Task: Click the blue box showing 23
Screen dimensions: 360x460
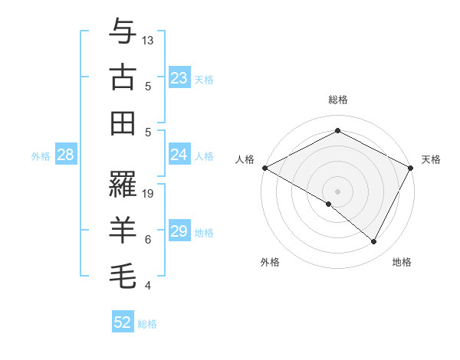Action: click(x=179, y=78)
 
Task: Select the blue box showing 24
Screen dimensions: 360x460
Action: click(x=179, y=155)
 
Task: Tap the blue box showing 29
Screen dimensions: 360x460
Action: click(x=179, y=231)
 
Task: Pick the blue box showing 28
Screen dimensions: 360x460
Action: click(x=66, y=155)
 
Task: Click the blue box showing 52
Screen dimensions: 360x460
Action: click(x=123, y=322)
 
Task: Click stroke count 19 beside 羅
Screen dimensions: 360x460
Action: click(x=148, y=194)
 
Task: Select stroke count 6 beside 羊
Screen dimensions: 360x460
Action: click(x=148, y=240)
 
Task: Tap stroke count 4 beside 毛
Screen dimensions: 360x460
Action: click(x=148, y=286)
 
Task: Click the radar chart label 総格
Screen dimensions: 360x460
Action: click(x=337, y=100)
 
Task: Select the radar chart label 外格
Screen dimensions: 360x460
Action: click(x=270, y=263)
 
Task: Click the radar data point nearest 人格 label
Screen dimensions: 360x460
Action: click(x=264, y=168)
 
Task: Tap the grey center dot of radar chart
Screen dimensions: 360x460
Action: click(x=337, y=191)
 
